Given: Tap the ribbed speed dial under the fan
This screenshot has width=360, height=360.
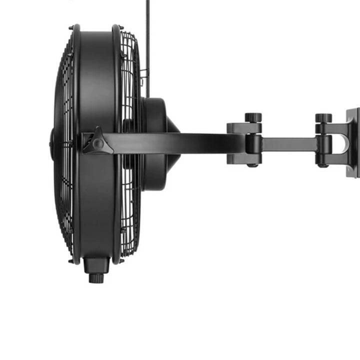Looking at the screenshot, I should (x=96, y=277).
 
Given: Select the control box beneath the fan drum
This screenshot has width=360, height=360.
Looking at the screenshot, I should (x=96, y=264).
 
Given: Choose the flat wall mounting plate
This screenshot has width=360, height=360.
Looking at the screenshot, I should (x=353, y=142).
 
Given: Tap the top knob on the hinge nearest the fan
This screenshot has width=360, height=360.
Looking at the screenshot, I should (x=253, y=118).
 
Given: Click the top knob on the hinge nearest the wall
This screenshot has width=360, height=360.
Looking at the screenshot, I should (x=323, y=118).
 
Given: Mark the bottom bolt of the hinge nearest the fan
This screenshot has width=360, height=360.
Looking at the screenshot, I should (x=252, y=164).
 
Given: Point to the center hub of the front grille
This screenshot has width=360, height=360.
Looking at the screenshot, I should (x=52, y=142).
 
